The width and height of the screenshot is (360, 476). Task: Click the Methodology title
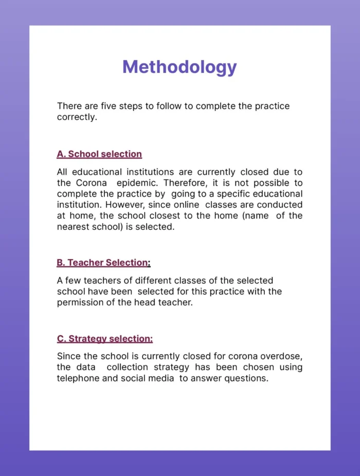pyautogui.click(x=179, y=67)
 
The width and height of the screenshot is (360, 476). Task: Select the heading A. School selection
pyautogui.click(x=99, y=154)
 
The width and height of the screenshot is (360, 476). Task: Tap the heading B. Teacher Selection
pyautogui.click(x=103, y=263)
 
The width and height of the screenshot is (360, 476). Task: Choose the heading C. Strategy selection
pyautogui.click(x=105, y=339)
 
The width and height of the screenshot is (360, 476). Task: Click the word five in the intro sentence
pyautogui.click(x=106, y=106)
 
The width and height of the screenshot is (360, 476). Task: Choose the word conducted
pyautogui.click(x=280, y=205)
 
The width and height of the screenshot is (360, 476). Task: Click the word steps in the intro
pyautogui.click(x=131, y=106)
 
